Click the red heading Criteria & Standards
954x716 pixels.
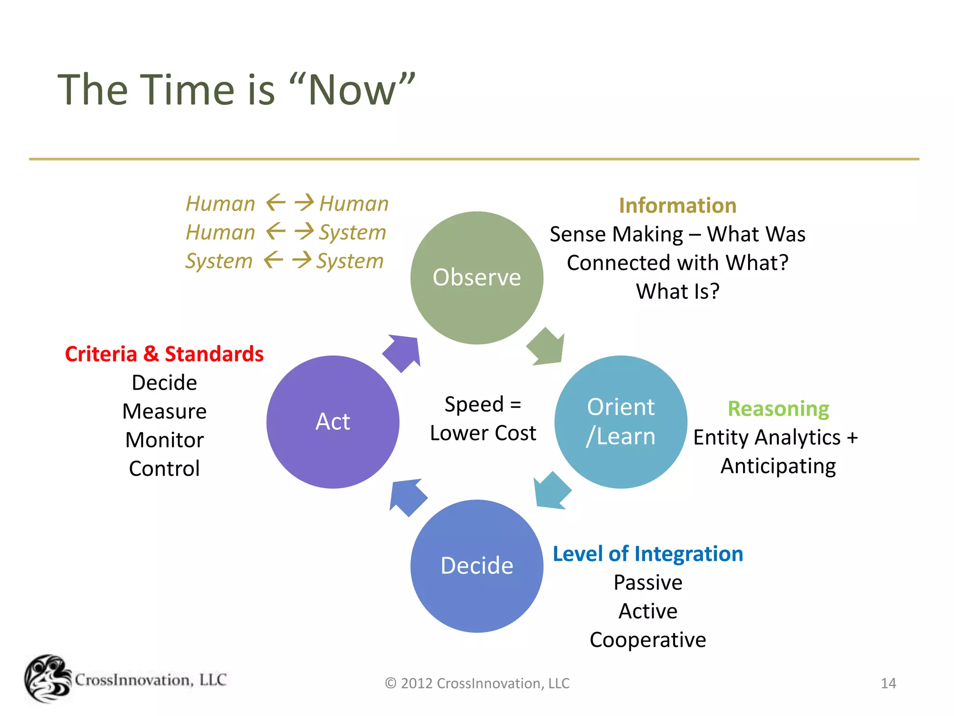(x=164, y=354)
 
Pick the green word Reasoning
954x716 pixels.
(x=778, y=409)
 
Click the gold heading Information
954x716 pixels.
(x=677, y=206)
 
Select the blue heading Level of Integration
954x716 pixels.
(x=647, y=554)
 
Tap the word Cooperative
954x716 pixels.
(x=647, y=640)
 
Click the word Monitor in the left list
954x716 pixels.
(x=164, y=440)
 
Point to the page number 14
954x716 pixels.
(x=888, y=683)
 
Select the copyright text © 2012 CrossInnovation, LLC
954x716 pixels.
(x=477, y=683)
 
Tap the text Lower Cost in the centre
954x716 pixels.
(x=483, y=433)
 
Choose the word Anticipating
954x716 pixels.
(x=778, y=466)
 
